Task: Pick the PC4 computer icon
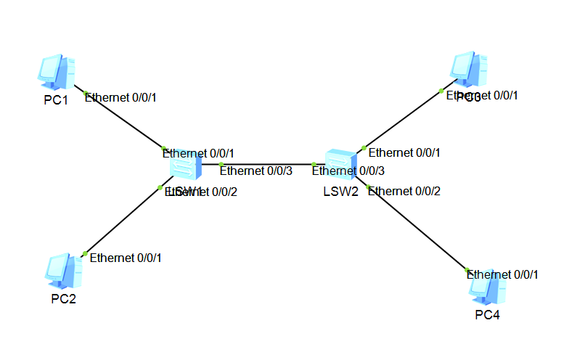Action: (486, 288)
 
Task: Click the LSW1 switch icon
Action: (186, 168)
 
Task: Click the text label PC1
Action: (56, 100)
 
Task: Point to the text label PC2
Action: (63, 300)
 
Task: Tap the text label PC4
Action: (487, 315)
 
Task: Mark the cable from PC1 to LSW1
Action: (123, 122)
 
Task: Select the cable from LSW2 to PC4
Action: (417, 229)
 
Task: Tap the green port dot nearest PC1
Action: (86, 94)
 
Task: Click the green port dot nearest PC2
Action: (85, 253)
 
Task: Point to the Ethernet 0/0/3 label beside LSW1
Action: (256, 171)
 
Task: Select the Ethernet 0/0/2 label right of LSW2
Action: (404, 192)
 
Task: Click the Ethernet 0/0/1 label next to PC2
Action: (126, 258)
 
